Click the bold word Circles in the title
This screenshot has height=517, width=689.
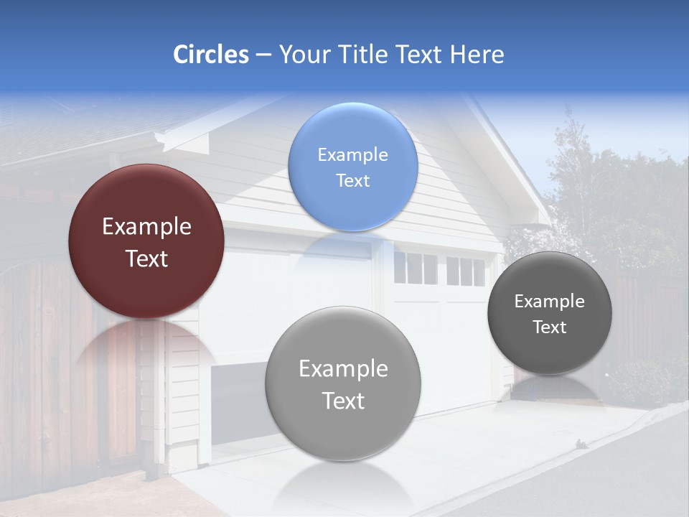210,55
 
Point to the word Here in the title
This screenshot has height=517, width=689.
477,55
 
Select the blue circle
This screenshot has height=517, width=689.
352,167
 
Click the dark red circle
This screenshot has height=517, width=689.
146,241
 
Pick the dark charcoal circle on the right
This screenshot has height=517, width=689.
549,313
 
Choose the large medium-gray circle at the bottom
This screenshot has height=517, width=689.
342,383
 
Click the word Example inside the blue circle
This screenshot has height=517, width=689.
352,154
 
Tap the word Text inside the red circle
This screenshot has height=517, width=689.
146,258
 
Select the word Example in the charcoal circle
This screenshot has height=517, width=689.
549,302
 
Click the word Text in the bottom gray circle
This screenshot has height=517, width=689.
343,401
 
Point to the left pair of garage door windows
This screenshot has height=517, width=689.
415,269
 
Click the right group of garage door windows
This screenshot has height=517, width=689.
466,271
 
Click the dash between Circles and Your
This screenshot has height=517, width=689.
263,55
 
